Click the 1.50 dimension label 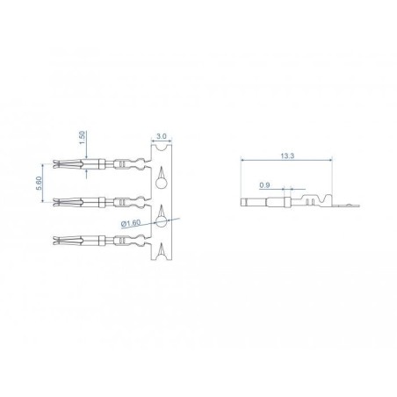coord(83,137)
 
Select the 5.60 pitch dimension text coord(40,184)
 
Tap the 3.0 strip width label coord(162,136)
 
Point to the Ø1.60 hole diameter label coord(131,223)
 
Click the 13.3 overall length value coord(287,155)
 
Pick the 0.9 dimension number coord(264,185)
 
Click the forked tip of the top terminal coord(58,163)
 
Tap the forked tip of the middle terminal coord(58,202)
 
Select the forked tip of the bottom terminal coord(58,241)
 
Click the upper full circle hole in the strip coord(161,184)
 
